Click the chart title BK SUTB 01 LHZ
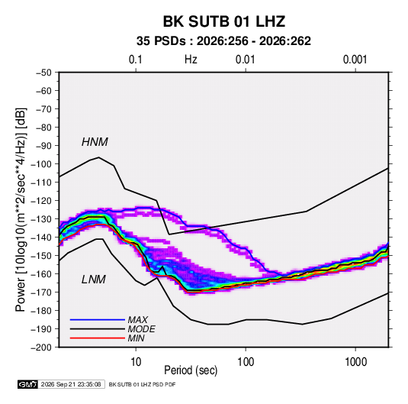(224, 21)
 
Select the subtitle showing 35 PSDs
(223, 41)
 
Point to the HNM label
(95, 142)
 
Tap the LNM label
(94, 280)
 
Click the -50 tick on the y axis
(43, 73)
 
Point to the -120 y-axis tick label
(42, 201)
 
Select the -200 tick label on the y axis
(42, 347)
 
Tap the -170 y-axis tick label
(42, 292)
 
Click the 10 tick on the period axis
(136, 362)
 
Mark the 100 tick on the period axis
(246, 362)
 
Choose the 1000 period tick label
(355, 362)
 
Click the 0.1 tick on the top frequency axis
(136, 60)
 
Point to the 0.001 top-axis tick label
(355, 60)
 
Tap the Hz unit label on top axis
(191, 60)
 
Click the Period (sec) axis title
(191, 370)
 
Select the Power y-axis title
(21, 209)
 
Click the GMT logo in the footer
(27, 384)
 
